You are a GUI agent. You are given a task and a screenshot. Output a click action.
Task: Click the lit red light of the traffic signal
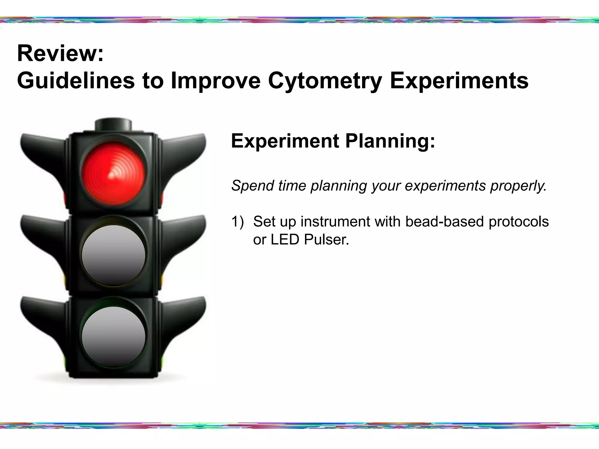tap(113, 174)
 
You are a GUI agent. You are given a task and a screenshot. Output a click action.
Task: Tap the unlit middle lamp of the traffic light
tap(113, 255)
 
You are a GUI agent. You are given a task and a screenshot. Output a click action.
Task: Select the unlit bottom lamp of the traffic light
tap(113, 337)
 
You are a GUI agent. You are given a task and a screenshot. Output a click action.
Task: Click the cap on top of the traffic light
tap(113, 125)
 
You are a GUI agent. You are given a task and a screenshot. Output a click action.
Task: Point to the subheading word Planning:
tap(390, 141)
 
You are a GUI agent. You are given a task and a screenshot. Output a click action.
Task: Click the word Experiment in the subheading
tap(285, 141)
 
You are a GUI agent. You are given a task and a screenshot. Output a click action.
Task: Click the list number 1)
tap(237, 222)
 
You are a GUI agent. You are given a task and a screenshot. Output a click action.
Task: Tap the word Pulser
tap(326, 240)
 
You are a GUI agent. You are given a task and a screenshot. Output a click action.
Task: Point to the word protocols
tap(519, 222)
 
